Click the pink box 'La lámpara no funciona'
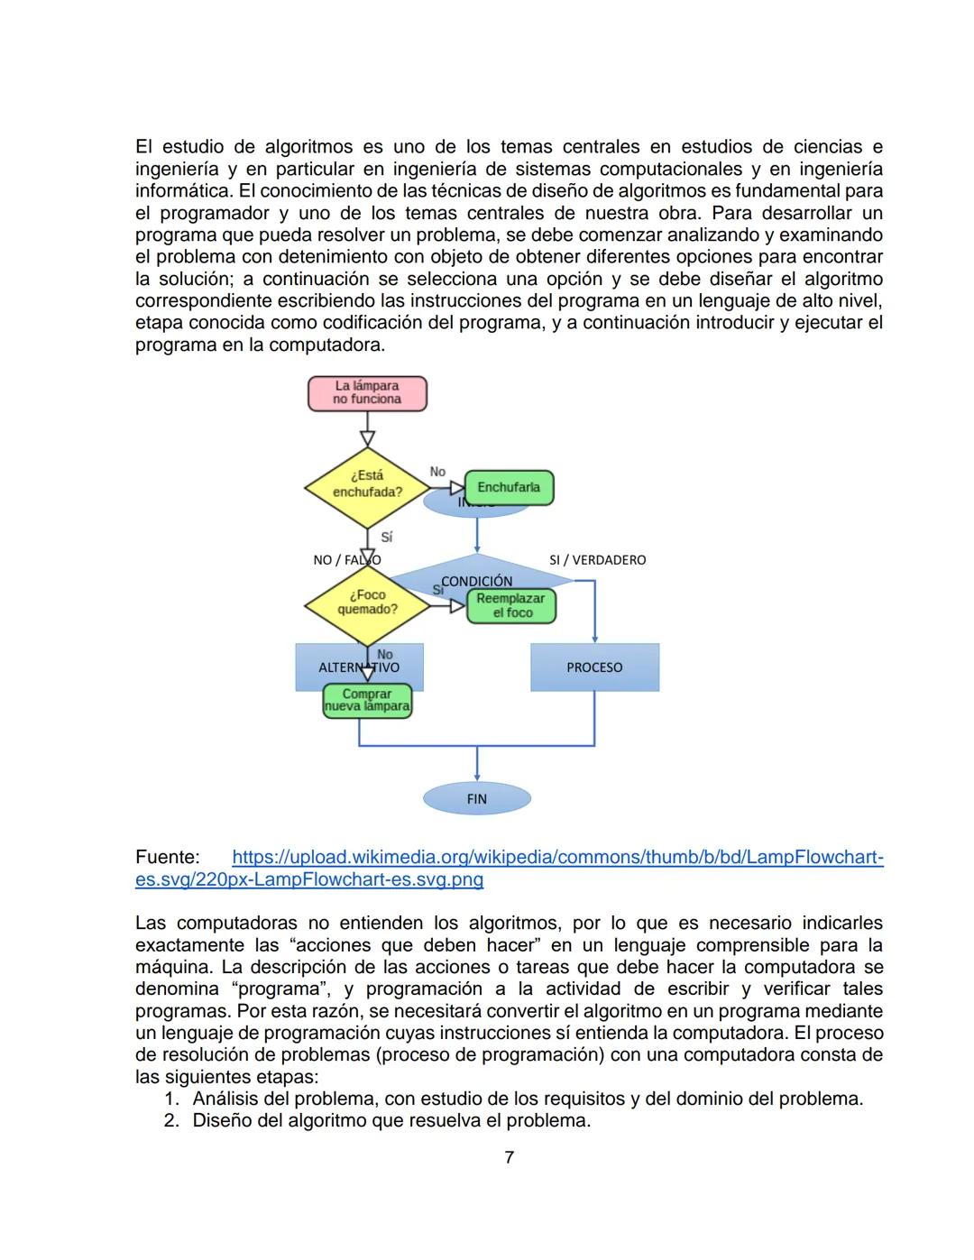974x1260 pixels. click(x=367, y=393)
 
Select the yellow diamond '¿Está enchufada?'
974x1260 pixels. click(x=367, y=485)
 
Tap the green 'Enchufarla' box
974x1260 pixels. click(x=509, y=488)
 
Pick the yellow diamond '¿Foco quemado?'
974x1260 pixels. click(x=367, y=602)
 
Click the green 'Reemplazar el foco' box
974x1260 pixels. click(x=510, y=606)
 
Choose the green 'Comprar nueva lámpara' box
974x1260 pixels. click(x=367, y=701)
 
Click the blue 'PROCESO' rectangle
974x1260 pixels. click(x=594, y=667)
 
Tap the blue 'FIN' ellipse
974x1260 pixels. click(x=476, y=798)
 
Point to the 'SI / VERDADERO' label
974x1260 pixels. click(x=597, y=560)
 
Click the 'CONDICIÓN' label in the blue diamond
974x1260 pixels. click(x=476, y=581)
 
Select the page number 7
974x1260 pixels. click(x=509, y=1157)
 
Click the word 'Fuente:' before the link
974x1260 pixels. click(x=168, y=857)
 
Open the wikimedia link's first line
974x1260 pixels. click(x=556, y=857)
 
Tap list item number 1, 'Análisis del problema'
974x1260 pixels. click(x=528, y=1099)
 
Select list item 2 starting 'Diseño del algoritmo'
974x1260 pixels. click(x=391, y=1121)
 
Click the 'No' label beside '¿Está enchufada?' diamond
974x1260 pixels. click(x=437, y=472)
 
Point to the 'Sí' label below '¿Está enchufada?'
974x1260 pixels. click(x=386, y=537)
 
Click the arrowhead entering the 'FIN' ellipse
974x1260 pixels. click(x=476, y=777)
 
